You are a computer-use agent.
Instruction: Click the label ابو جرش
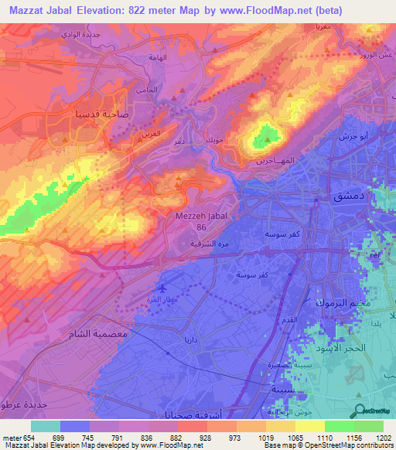point(353,135)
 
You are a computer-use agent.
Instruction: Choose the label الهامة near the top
point(158,58)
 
